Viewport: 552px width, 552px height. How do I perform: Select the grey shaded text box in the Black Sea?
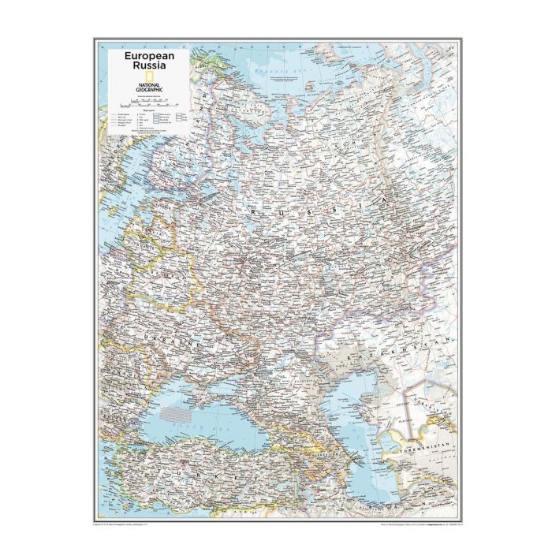[178, 411]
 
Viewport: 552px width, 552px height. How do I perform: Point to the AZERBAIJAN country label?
[323, 457]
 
